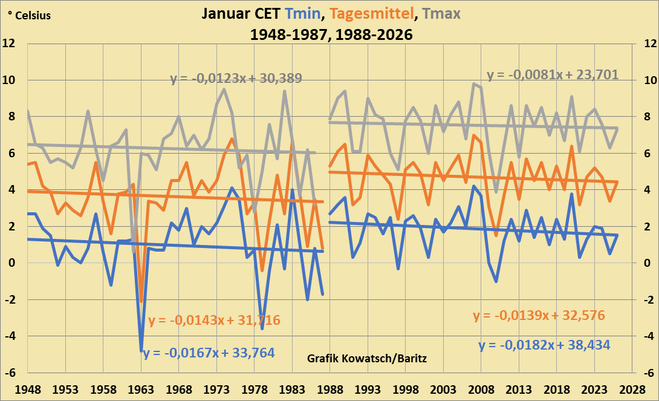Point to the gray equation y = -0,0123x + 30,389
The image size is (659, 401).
pyautogui.click(x=236, y=79)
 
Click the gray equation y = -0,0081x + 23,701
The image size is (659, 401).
pyautogui.click(x=553, y=76)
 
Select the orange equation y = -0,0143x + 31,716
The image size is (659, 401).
pyautogui.click(x=214, y=321)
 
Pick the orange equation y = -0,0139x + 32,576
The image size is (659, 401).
pyautogui.click(x=539, y=316)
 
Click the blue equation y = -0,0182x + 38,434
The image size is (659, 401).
pyautogui.click(x=544, y=345)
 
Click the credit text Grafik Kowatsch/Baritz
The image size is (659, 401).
pyautogui.click(x=367, y=359)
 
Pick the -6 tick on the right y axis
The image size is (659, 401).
pyautogui.click(x=648, y=373)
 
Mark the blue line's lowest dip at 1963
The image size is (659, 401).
pyautogui.click(x=141, y=350)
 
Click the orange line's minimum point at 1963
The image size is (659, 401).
pyautogui.click(x=141, y=301)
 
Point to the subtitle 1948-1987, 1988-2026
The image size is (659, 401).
pyautogui.click(x=331, y=35)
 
